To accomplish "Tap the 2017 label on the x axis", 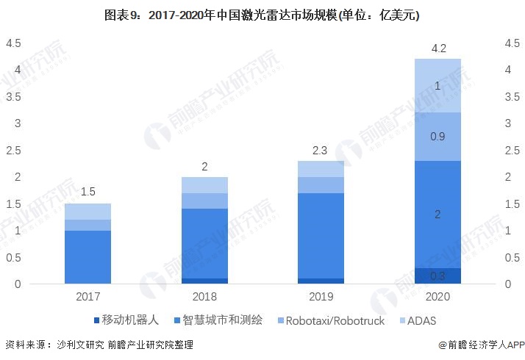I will [x=87, y=296].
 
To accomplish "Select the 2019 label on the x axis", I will [x=321, y=296].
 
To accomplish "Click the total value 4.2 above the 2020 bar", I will [x=438, y=48].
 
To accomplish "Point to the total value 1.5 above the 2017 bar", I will [x=87, y=192].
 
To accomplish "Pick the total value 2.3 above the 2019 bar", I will [x=321, y=150].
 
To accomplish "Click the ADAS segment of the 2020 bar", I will [x=438, y=86].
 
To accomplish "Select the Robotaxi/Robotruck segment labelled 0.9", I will [x=438, y=137].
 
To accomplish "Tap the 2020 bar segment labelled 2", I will [x=438, y=215].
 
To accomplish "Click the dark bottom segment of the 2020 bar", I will [x=438, y=276].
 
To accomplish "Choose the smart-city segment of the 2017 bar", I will [x=87, y=257].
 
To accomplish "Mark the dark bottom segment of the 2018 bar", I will [x=204, y=281].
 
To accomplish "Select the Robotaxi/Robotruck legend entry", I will [x=331, y=320].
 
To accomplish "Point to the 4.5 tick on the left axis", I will [x=12, y=43].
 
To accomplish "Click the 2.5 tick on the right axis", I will [x=512, y=151].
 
